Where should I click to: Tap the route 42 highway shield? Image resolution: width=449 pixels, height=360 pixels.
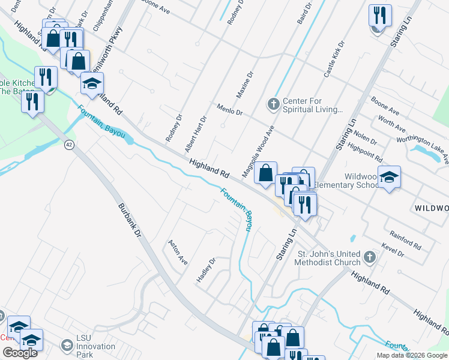(x=70, y=145)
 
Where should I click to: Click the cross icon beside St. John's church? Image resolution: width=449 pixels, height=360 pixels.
(x=370, y=258)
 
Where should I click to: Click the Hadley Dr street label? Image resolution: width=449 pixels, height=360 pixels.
(x=206, y=271)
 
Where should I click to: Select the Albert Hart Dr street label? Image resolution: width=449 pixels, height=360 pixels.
(x=196, y=134)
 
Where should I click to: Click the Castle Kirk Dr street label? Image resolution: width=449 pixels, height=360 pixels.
(x=334, y=59)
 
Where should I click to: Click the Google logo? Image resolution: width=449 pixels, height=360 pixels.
(x=20, y=353)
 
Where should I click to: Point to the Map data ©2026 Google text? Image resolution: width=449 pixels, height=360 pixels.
(x=412, y=355)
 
